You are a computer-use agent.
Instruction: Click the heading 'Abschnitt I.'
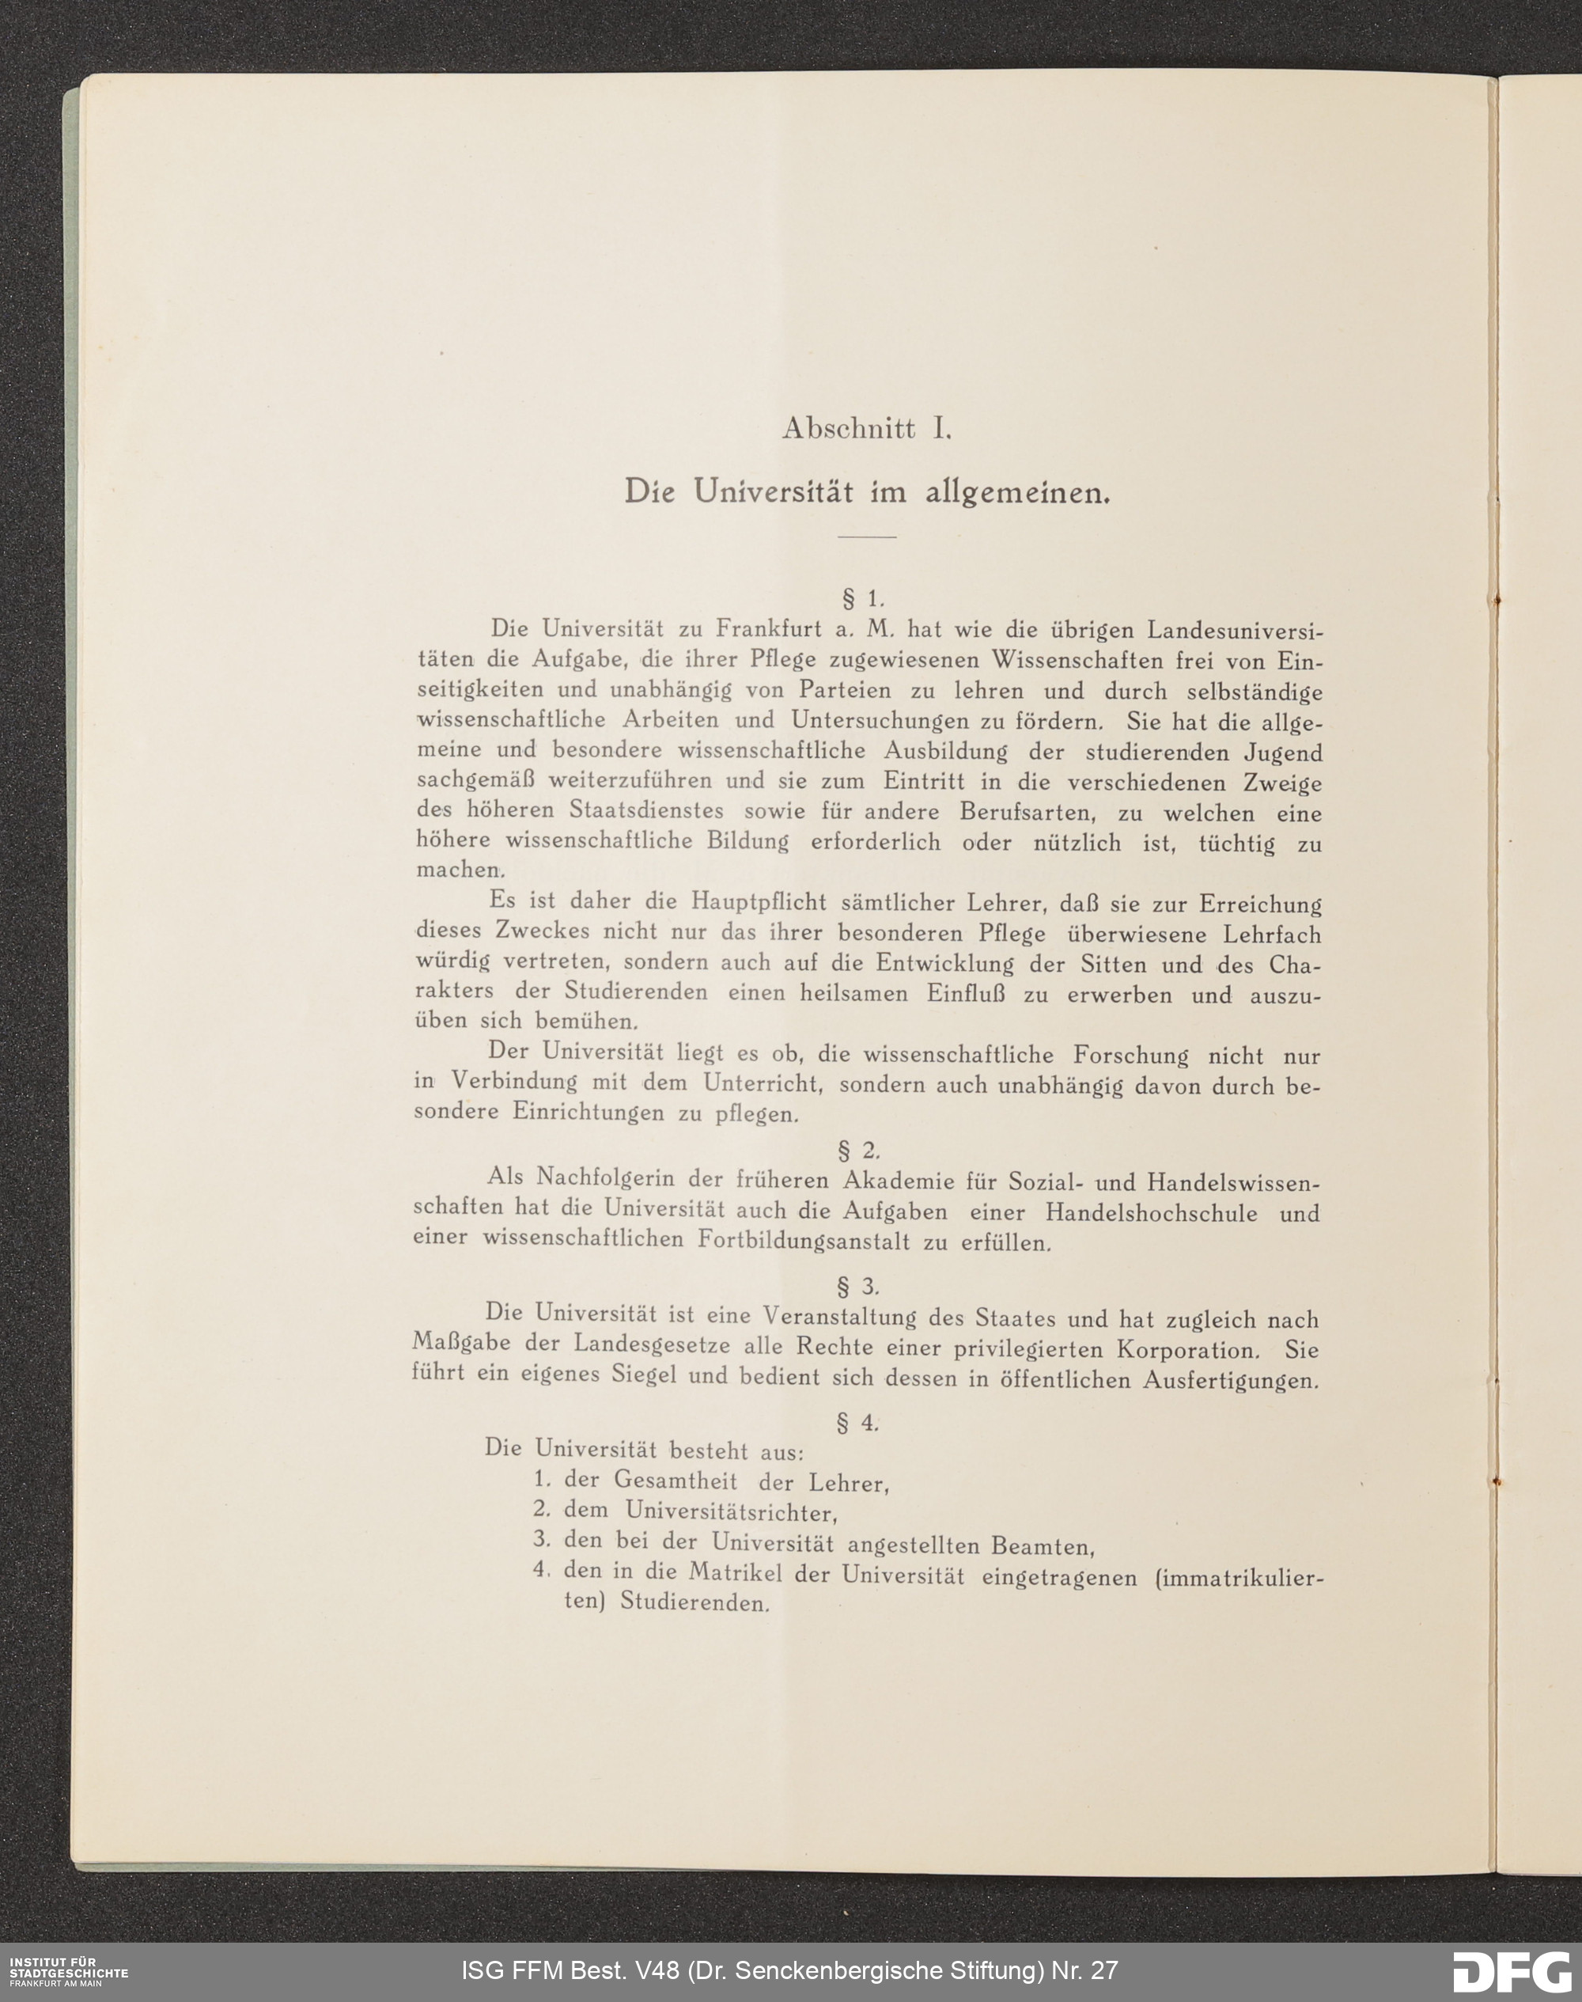click(866, 429)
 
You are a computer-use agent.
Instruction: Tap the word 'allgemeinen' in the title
click(1016, 493)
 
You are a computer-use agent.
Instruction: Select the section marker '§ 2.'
click(857, 1151)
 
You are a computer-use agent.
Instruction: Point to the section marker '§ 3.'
click(857, 1286)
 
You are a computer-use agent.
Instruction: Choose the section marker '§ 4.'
click(857, 1422)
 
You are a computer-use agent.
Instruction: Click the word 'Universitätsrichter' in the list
click(730, 1512)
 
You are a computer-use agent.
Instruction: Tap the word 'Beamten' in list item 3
click(1043, 1545)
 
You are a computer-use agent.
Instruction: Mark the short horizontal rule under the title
click(866, 537)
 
